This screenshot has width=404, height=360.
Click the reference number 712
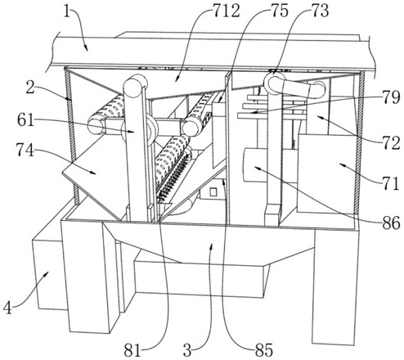pyautogui.click(x=227, y=11)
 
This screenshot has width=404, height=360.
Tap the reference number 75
pyautogui.click(x=279, y=11)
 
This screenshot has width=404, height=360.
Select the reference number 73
pyautogui.click(x=320, y=11)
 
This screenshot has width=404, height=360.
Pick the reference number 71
pyautogui.click(x=390, y=183)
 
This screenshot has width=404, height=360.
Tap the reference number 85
pyautogui.click(x=264, y=350)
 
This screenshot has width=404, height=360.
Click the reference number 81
pyautogui.click(x=132, y=350)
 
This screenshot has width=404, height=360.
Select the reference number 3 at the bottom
pyautogui.click(x=187, y=350)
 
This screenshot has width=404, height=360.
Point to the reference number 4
pyautogui.click(x=7, y=309)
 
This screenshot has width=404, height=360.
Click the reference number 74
pyautogui.click(x=25, y=150)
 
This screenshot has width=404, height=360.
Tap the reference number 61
pyautogui.click(x=26, y=119)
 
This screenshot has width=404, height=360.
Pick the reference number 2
pyautogui.click(x=30, y=88)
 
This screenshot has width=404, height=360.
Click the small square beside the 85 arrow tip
pyautogui.click(x=213, y=192)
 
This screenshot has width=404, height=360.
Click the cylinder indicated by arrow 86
pyautogui.click(x=255, y=164)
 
